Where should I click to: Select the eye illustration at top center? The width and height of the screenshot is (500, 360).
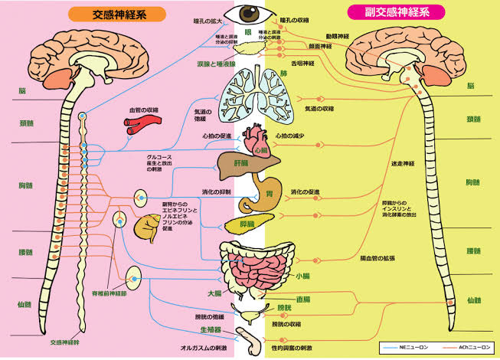click(x=250, y=13)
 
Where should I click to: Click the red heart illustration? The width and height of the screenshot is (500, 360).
click(x=254, y=141)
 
